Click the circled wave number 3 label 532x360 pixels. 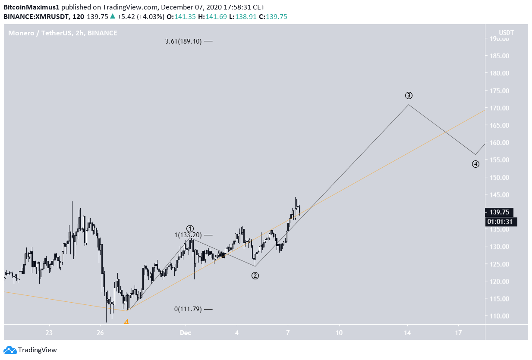[x=409, y=95]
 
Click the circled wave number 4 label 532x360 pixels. [x=475, y=164]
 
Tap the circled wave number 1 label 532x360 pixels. [x=190, y=229]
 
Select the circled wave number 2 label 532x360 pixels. [x=255, y=275]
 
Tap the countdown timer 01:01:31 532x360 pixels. [x=501, y=222]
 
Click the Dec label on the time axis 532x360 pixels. [x=186, y=332]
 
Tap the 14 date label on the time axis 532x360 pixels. [x=407, y=332]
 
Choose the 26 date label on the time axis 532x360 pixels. [x=100, y=332]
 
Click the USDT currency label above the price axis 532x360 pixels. [x=506, y=33]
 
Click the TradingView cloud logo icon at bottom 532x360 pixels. [x=10, y=350]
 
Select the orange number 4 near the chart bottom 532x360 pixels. [x=126, y=322]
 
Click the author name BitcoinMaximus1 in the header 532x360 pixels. [x=31, y=7]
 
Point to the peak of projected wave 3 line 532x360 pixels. [x=408, y=104]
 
